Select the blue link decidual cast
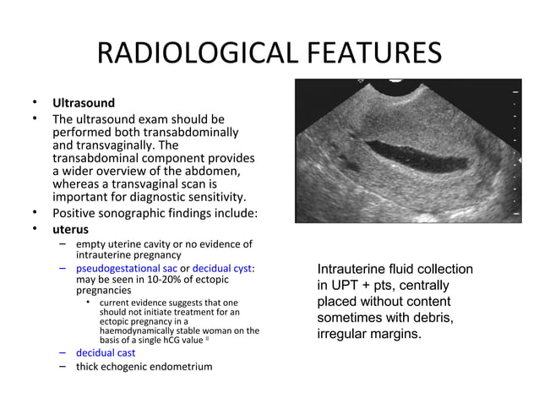click(106, 352)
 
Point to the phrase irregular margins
click(368, 334)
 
